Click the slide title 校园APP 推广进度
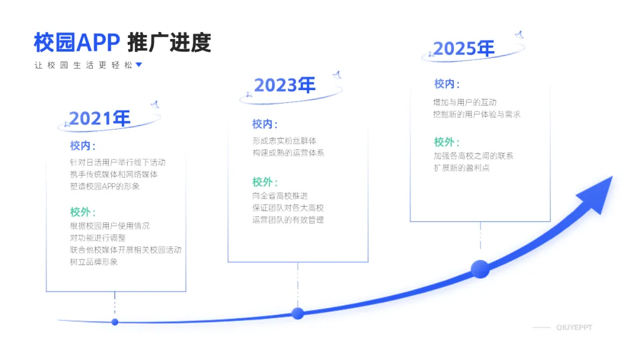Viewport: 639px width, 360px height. pyautogui.click(x=122, y=43)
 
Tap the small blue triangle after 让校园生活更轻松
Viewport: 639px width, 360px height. pyautogui.click(x=139, y=65)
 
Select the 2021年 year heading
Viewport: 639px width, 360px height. pyautogui.click(x=99, y=118)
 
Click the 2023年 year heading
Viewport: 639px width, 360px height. pyautogui.click(x=285, y=85)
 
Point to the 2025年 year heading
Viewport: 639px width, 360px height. pyautogui.click(x=463, y=49)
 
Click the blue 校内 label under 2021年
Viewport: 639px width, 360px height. pyautogui.click(x=82, y=146)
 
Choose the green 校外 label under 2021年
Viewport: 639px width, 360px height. pyautogui.click(x=82, y=212)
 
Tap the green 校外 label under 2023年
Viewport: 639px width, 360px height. pyautogui.click(x=264, y=182)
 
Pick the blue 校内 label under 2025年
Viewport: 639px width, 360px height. pyautogui.click(x=447, y=84)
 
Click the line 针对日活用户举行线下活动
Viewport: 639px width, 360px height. pyautogui.click(x=118, y=162)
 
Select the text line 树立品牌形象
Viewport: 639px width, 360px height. pyautogui.click(x=94, y=262)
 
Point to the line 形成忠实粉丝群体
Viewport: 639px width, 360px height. pyautogui.click(x=284, y=141)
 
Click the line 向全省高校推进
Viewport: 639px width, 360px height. pyautogui.click(x=280, y=196)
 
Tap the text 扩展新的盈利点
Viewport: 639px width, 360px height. pyautogui.click(x=461, y=168)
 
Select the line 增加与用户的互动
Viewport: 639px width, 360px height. pyautogui.click(x=465, y=102)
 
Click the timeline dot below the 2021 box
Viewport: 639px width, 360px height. pyautogui.click(x=115, y=322)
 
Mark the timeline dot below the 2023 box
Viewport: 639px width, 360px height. pyautogui.click(x=298, y=313)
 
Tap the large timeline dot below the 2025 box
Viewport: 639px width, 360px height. pyautogui.click(x=480, y=269)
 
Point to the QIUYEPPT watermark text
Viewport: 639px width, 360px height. pyautogui.click(x=573, y=327)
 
